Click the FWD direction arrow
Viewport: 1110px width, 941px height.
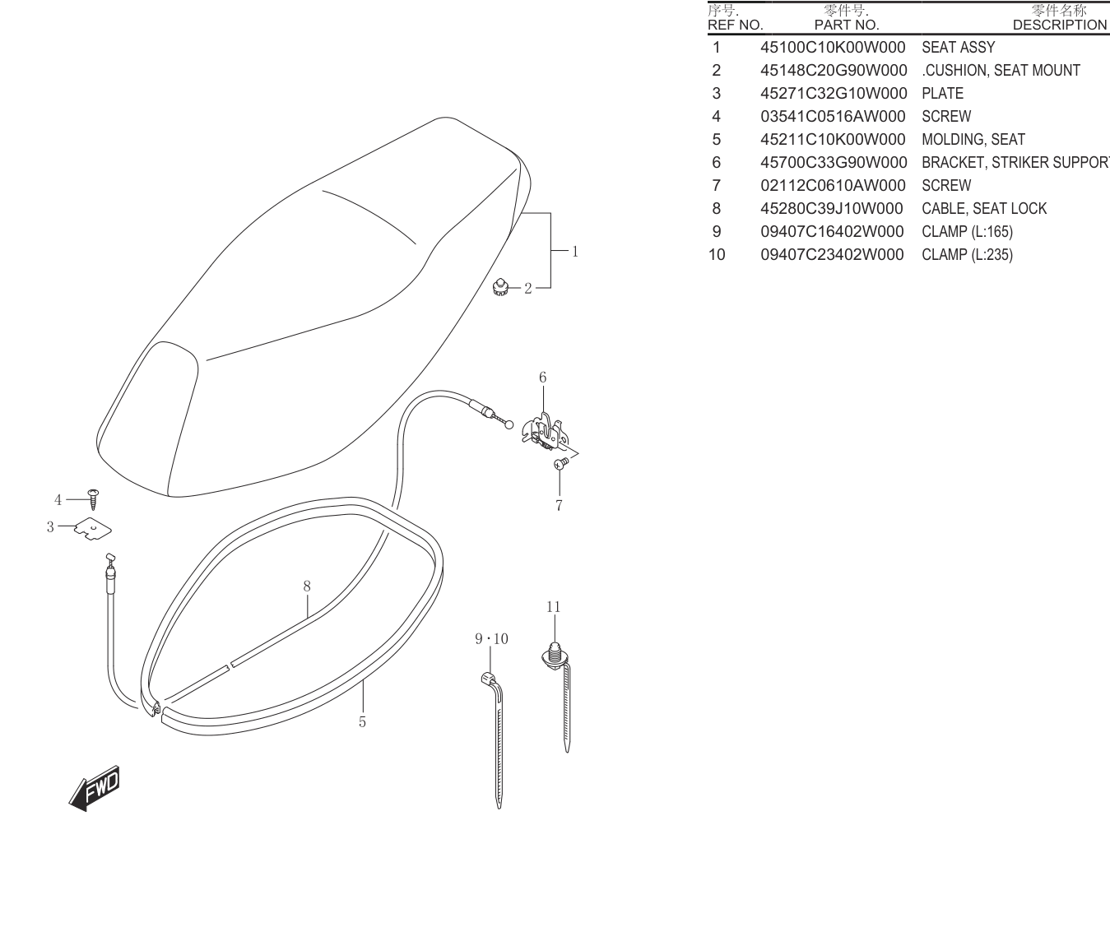click(x=95, y=788)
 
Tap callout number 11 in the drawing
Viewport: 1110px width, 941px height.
click(x=553, y=606)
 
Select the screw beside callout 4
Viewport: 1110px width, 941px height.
click(x=94, y=499)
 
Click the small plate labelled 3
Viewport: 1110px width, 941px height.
click(x=92, y=528)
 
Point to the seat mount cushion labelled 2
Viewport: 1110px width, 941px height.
click(x=500, y=288)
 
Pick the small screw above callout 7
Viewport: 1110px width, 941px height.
click(x=561, y=463)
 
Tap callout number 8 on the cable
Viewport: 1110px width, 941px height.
click(x=307, y=586)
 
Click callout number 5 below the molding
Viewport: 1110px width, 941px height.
click(x=363, y=722)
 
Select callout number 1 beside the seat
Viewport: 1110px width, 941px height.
click(x=575, y=251)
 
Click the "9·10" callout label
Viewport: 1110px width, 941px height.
click(x=491, y=639)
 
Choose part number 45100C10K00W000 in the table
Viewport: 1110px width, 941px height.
click(x=833, y=47)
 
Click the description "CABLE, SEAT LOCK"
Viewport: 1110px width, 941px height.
click(x=984, y=208)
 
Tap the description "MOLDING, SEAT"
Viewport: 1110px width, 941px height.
click(x=973, y=140)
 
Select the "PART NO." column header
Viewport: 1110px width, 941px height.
click(x=847, y=25)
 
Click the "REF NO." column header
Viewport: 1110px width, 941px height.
click(x=735, y=25)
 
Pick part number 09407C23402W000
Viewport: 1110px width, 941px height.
click(x=833, y=254)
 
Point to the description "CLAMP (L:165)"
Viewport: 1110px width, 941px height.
click(x=968, y=231)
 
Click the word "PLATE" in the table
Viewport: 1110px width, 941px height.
click(x=943, y=94)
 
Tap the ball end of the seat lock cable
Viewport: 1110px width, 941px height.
click(x=508, y=425)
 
